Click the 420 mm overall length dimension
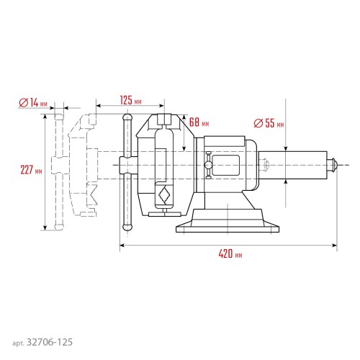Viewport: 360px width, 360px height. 228,255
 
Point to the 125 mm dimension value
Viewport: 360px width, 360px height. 130,100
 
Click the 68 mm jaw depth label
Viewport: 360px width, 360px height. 198,121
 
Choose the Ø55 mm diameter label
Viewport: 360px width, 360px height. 269,123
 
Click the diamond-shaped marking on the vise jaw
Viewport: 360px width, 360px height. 165,194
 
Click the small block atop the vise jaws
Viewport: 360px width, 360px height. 166,118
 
